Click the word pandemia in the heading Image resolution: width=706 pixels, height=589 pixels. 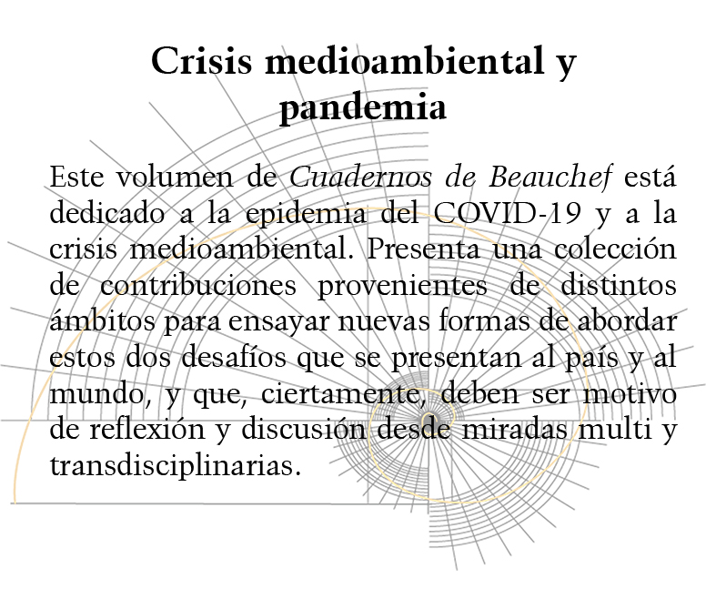click(x=362, y=108)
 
